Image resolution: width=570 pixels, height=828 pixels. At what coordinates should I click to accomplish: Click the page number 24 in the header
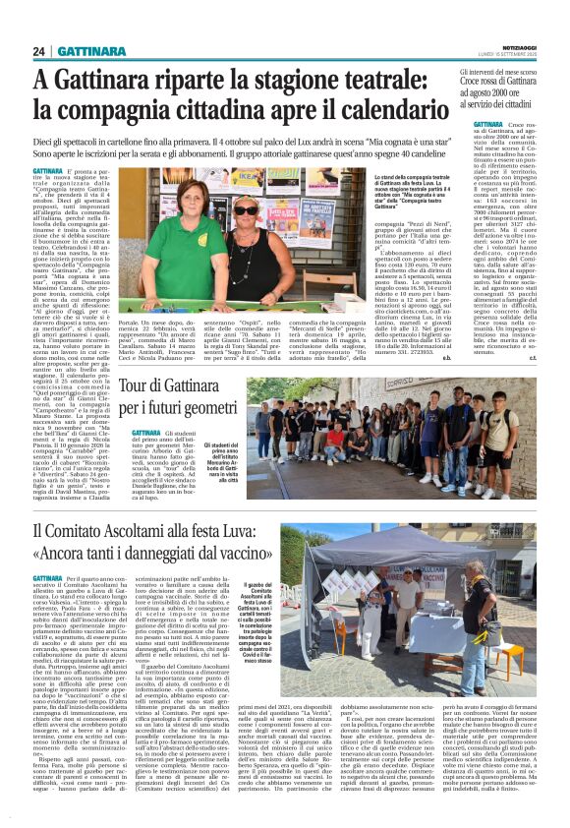[40, 51]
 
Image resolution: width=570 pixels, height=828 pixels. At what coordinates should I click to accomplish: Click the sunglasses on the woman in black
[245, 210]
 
